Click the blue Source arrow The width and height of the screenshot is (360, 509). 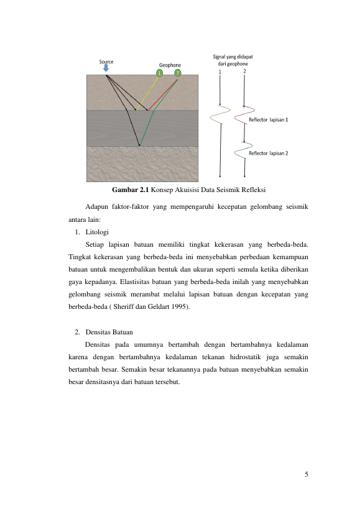click(106, 68)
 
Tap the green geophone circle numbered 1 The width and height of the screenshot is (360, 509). click(159, 73)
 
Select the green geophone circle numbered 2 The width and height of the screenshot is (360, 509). click(178, 73)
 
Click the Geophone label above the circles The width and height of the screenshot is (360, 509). click(170, 65)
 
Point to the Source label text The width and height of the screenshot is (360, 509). click(106, 62)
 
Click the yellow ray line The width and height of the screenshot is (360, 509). click(147, 94)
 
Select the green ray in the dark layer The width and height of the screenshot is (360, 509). click(146, 128)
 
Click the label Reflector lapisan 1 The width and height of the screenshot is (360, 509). click(268, 120)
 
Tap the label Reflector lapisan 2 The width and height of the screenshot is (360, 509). click(268, 154)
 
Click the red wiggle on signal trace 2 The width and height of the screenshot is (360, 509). click(244, 115)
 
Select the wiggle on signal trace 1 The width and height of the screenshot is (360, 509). click(219, 114)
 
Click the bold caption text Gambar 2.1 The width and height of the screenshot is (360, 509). click(130, 190)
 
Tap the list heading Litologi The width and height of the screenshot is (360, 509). click(97, 232)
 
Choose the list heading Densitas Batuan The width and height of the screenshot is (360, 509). click(109, 332)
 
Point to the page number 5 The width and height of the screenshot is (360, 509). click(307, 474)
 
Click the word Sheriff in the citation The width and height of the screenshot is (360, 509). click(123, 307)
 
